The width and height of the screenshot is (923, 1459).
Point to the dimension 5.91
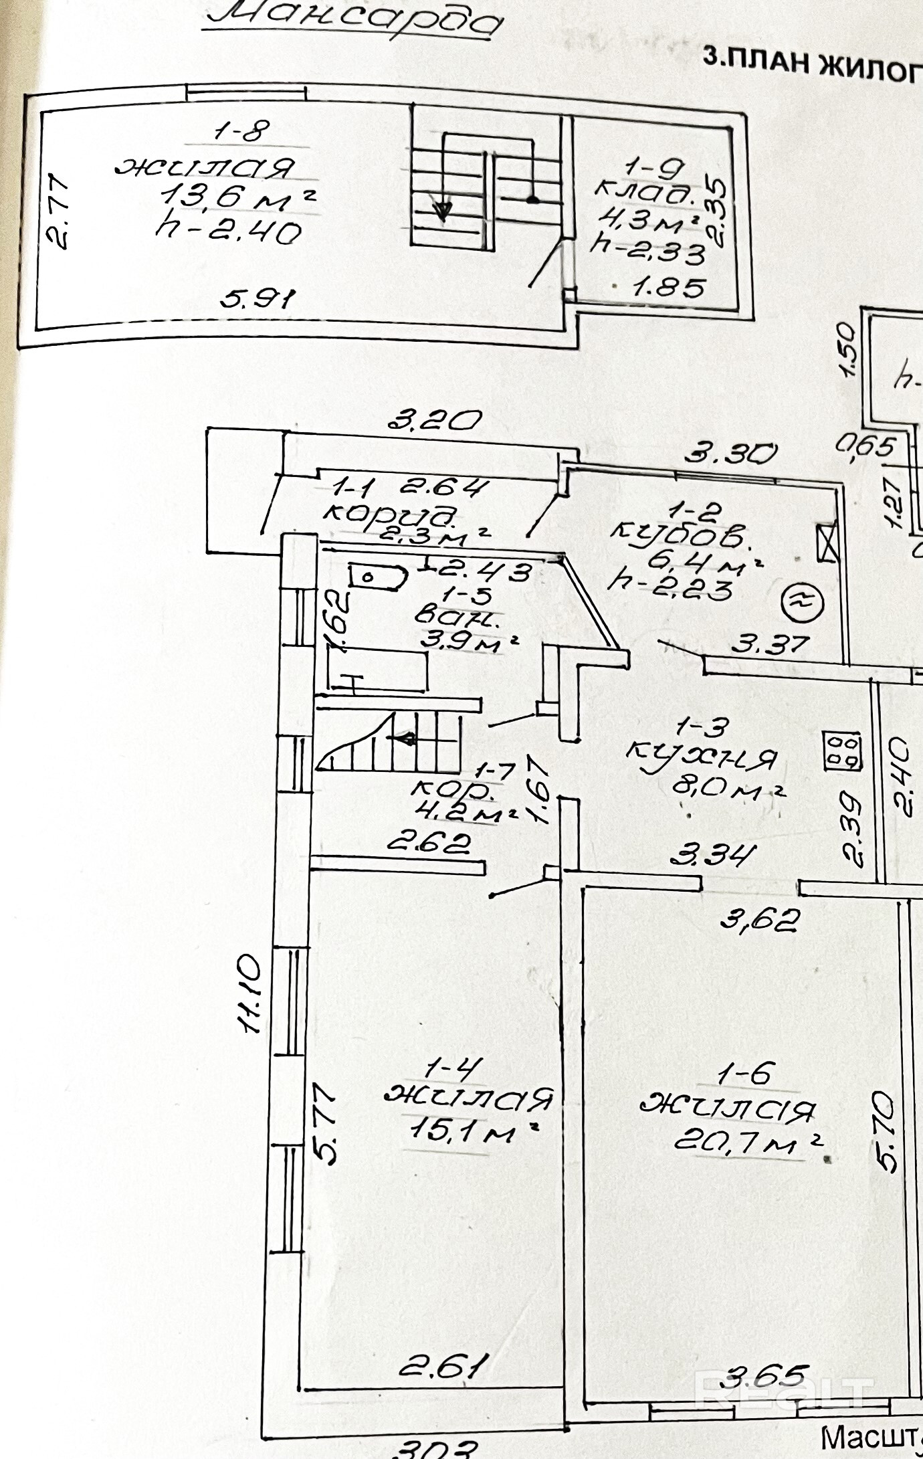[x=258, y=298]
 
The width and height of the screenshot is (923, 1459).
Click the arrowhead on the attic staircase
[x=441, y=211]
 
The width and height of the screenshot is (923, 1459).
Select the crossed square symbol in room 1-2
[x=827, y=543]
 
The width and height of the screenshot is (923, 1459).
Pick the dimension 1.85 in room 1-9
[x=669, y=288]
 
